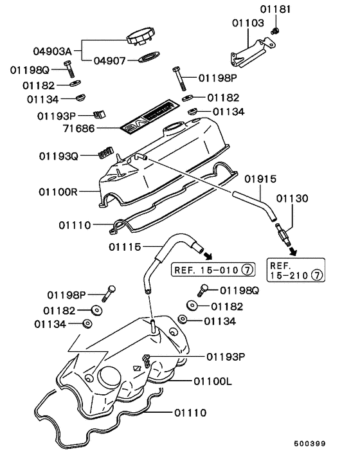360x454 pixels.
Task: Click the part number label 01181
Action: coord(275,10)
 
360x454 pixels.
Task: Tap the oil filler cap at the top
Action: coord(141,37)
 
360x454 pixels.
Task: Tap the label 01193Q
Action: coord(59,156)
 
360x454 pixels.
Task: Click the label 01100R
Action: coord(59,192)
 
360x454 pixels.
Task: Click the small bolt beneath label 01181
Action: coord(275,32)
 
